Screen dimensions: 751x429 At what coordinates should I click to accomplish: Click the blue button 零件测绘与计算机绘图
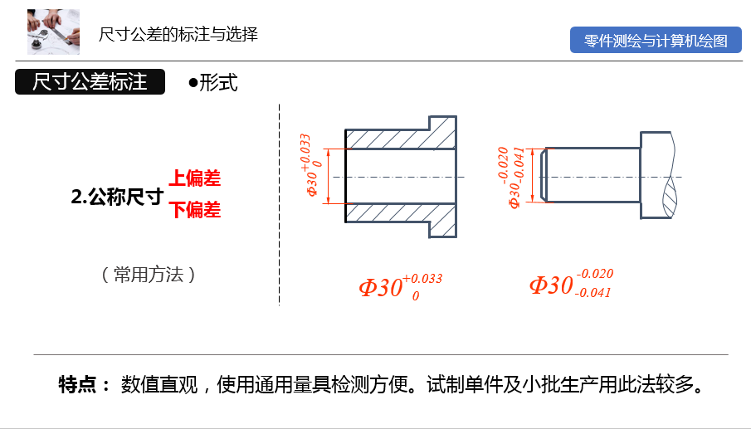(x=656, y=41)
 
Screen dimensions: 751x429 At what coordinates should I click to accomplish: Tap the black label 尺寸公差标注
(x=90, y=82)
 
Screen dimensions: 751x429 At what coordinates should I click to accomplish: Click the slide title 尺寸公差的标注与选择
(x=178, y=35)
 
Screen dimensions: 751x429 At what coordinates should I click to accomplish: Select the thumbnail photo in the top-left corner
(x=53, y=31)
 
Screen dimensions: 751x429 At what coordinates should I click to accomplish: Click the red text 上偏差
(x=195, y=178)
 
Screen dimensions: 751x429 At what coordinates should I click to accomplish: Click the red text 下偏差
(x=195, y=210)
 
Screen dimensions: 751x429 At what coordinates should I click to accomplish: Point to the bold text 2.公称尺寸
(x=116, y=197)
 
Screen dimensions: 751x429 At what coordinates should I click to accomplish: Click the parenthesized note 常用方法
(x=149, y=275)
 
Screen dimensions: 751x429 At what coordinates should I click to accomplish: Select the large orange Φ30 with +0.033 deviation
(x=381, y=287)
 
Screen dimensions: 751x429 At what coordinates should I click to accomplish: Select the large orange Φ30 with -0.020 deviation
(x=552, y=285)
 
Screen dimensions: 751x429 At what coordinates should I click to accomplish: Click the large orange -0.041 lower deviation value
(x=593, y=293)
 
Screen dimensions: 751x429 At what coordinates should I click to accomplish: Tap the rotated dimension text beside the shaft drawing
(x=514, y=177)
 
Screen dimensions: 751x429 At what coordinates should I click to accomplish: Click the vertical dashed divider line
(x=280, y=203)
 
